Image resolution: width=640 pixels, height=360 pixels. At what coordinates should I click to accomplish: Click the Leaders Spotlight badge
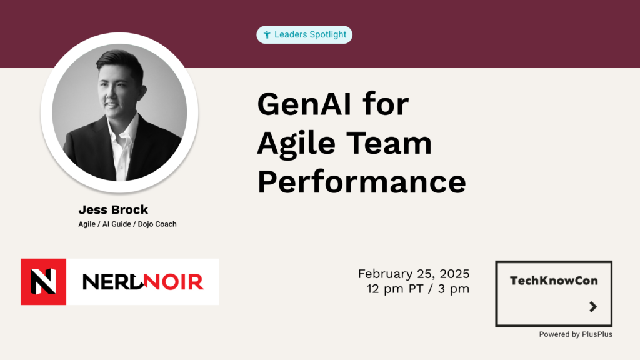pyautogui.click(x=304, y=35)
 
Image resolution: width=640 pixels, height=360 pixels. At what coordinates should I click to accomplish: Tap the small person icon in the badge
pyautogui.click(x=267, y=35)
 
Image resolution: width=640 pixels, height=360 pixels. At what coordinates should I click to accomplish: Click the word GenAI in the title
pyautogui.click(x=304, y=104)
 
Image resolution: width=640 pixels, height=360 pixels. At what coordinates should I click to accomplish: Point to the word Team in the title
pyautogui.click(x=389, y=143)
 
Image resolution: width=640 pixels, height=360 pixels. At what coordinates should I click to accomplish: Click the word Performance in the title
pyautogui.click(x=362, y=181)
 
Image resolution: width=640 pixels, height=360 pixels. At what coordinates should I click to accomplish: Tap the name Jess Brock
pyautogui.click(x=113, y=210)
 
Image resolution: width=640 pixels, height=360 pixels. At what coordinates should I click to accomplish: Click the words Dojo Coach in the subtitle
pyautogui.click(x=157, y=224)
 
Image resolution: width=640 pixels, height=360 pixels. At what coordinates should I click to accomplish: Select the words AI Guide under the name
pyautogui.click(x=117, y=224)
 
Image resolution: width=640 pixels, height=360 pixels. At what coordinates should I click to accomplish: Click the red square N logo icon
pyautogui.click(x=43, y=282)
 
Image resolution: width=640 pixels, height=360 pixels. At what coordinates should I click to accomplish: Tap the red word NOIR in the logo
pyautogui.click(x=174, y=282)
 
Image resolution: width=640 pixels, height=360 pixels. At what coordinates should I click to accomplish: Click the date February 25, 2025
pyautogui.click(x=414, y=274)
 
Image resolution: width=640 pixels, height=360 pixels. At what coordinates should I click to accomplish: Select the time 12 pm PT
pyautogui.click(x=395, y=289)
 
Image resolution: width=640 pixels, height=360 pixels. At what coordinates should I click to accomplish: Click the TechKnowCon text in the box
pyautogui.click(x=554, y=281)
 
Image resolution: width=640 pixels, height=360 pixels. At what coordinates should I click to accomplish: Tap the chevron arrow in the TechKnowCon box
pyautogui.click(x=594, y=306)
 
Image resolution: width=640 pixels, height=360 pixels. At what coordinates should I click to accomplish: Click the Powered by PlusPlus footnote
pyautogui.click(x=576, y=334)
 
